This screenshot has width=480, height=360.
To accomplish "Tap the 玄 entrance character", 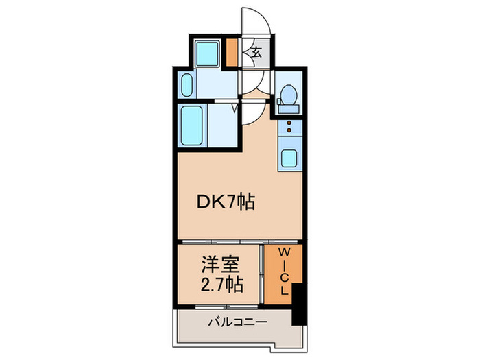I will coord(256,52).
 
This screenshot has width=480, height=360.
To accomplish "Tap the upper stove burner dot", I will coord(288,123).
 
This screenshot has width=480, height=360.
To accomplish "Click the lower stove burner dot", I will coord(288,132).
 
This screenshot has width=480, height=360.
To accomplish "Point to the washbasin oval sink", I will coord(188,86).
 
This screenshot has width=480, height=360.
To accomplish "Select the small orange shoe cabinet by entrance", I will coord(232,52).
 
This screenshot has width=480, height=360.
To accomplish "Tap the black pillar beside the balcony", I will coord(297,301).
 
